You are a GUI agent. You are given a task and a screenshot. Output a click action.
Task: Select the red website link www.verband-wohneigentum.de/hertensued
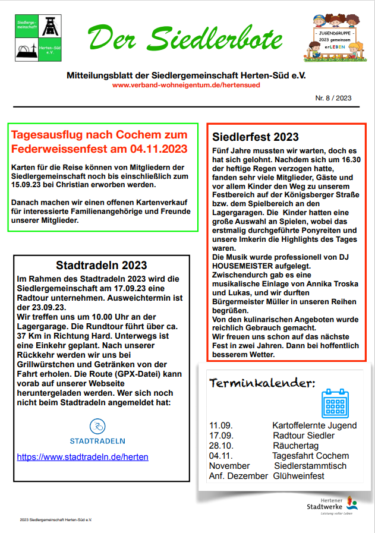pyautogui.click(x=186, y=85)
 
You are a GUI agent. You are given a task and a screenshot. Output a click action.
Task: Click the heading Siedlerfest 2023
pyautogui.click(x=256, y=137)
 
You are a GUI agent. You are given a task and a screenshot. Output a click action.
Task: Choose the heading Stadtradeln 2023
pyautogui.click(x=102, y=266)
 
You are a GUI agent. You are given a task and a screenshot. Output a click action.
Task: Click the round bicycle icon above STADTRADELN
pyautogui.click(x=97, y=426)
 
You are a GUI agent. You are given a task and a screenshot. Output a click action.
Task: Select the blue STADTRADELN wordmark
pyautogui.click(x=97, y=441)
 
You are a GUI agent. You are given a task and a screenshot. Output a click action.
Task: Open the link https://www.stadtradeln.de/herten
pyautogui.click(x=83, y=457)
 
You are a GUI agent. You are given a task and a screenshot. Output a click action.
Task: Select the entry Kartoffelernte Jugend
pyautogui.click(x=314, y=425)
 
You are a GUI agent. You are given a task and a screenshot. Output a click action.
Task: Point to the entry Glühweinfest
pyautogui.click(x=299, y=476)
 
